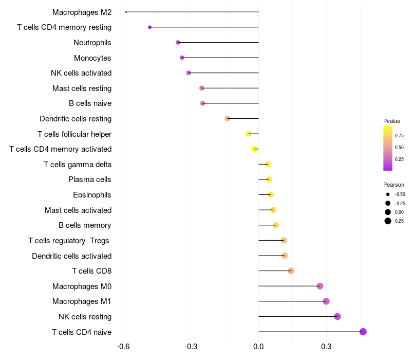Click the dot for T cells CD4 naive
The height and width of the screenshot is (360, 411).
[x=363, y=332]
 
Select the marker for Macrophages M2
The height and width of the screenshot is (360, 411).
[x=126, y=12]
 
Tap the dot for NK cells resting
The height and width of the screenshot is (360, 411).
[x=338, y=316]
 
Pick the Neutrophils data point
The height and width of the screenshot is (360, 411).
[x=178, y=42]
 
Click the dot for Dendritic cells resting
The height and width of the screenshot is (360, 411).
[x=228, y=119]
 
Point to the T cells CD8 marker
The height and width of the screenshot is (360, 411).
[x=291, y=271]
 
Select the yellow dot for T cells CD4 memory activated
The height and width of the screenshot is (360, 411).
[x=254, y=149]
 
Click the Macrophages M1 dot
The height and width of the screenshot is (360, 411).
[x=326, y=301]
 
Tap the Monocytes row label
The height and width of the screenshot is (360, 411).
[x=92, y=58]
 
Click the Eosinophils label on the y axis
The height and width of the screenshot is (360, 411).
[x=92, y=195]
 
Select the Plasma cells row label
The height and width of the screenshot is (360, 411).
[x=90, y=179]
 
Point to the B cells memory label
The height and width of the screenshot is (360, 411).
[x=85, y=225]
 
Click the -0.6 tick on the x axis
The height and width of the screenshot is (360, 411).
[x=123, y=347]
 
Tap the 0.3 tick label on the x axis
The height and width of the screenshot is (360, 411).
[x=326, y=347]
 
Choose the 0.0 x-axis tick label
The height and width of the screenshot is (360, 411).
[x=258, y=347]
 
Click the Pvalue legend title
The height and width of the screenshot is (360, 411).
[x=391, y=121]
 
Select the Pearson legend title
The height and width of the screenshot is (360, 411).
[x=394, y=185]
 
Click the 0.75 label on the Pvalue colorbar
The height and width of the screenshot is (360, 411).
[x=399, y=136]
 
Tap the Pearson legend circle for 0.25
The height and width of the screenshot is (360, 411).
[x=388, y=221]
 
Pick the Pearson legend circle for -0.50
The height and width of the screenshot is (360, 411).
[x=388, y=194]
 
